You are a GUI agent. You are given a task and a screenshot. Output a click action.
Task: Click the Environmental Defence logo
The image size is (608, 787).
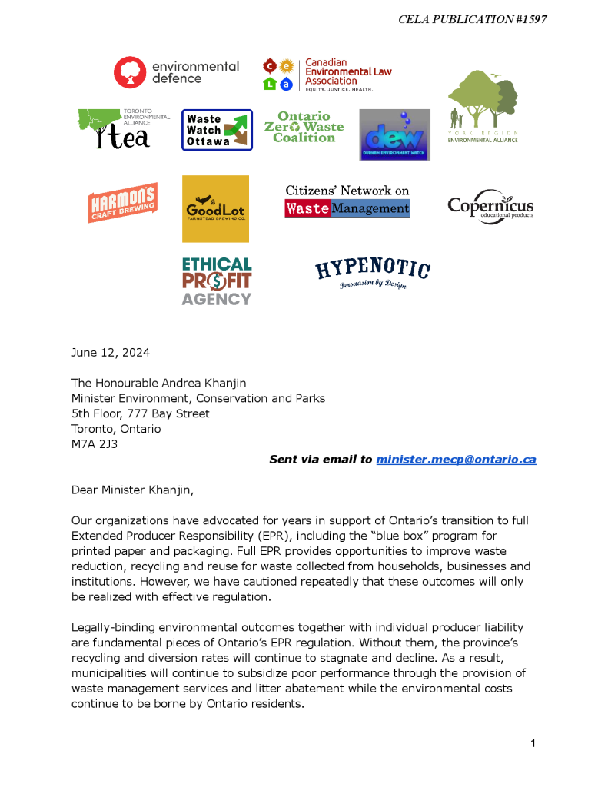click(x=176, y=72)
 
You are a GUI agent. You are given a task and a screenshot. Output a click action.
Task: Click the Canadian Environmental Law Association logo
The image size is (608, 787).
click(x=327, y=74)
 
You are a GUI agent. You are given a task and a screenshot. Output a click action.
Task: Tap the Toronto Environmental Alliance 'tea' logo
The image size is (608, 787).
click(x=123, y=128)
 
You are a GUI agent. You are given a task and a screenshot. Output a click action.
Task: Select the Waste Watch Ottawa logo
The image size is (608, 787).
click(x=217, y=130)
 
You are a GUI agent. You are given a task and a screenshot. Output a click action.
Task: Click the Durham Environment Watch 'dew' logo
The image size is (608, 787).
click(x=394, y=134)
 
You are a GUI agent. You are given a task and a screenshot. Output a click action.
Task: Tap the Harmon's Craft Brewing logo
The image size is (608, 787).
click(x=123, y=203)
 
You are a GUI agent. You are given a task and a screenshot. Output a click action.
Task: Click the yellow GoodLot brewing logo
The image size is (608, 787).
click(x=215, y=208)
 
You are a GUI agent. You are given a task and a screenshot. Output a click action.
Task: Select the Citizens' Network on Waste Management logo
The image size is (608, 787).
click(x=347, y=200)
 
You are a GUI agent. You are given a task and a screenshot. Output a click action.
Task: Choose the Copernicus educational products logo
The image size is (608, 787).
click(x=490, y=206)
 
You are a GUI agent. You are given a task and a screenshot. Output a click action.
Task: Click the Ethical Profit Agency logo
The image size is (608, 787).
click(x=217, y=281)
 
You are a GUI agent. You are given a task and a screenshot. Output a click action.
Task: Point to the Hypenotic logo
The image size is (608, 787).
click(x=373, y=274)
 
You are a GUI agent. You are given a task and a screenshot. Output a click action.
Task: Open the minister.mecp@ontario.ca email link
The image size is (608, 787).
click(x=456, y=460)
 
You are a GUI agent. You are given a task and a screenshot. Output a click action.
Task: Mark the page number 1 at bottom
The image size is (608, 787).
click(x=532, y=743)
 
